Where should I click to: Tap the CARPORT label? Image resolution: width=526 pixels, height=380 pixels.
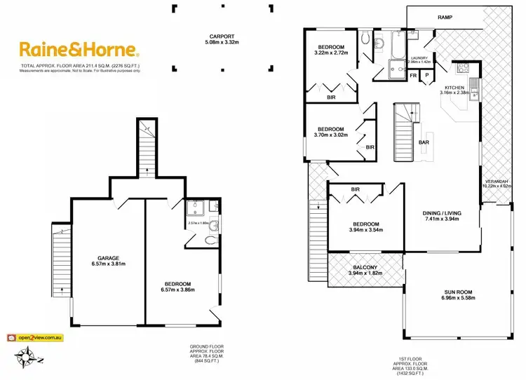coord(220,36)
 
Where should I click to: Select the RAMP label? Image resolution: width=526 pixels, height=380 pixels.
coord(443,16)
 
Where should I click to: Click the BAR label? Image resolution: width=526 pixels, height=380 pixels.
coord(423,142)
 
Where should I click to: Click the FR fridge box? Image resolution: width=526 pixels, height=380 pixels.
coord(412,75)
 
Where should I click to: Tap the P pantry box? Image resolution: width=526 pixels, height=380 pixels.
coord(426,75)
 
